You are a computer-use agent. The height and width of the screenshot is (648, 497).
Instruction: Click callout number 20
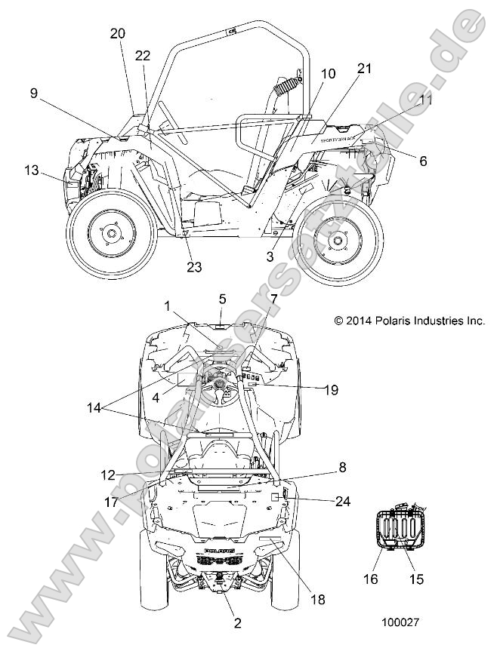pyautogui.click(x=118, y=33)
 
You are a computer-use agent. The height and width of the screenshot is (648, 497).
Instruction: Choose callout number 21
pyautogui.click(x=365, y=69)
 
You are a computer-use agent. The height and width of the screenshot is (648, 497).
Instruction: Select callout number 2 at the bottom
pyautogui.click(x=237, y=623)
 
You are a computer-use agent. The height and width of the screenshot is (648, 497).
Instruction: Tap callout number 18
pyautogui.click(x=317, y=600)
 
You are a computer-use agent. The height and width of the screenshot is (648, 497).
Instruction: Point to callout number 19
pyautogui.click(x=330, y=390)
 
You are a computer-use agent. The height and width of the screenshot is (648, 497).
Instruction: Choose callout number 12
pyautogui.click(x=107, y=474)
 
